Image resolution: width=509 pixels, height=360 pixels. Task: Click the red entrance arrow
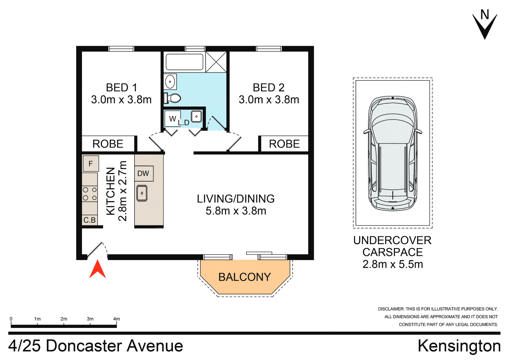97,269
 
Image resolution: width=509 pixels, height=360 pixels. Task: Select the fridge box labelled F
91,164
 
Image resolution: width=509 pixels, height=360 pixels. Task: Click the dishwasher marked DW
144,173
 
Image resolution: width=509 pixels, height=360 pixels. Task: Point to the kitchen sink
142,193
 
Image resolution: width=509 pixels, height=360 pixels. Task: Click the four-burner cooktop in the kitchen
90,194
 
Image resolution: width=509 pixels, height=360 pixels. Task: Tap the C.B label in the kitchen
89,220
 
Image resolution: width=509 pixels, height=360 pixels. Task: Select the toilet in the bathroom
173,98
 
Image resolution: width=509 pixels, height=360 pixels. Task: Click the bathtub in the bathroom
184,62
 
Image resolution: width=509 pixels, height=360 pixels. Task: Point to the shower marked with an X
216,62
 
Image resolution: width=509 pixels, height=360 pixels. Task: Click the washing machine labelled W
172,119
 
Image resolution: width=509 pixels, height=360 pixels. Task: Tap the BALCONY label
245,277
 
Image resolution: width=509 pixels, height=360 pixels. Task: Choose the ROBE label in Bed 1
108,144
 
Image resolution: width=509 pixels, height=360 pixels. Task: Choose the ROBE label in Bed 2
284,144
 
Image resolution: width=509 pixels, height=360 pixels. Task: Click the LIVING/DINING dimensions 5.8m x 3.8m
236,211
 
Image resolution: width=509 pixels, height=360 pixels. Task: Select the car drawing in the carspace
392,153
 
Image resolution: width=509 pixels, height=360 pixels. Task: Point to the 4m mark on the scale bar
116,319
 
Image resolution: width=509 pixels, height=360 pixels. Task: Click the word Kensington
459,346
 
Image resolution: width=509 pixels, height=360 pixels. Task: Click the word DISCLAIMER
391,309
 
